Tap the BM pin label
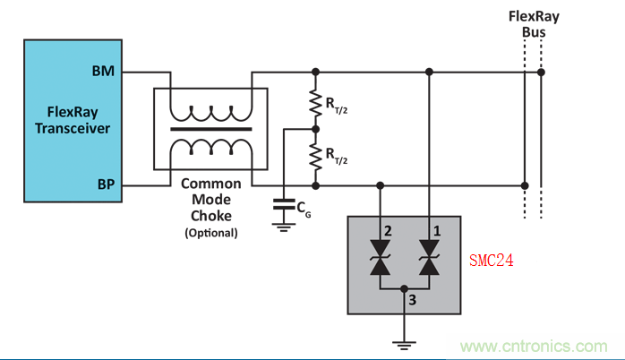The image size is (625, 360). click(103, 71)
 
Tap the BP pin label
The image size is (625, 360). click(105, 185)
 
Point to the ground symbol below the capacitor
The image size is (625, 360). click(285, 227)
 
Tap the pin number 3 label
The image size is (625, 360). click(411, 300)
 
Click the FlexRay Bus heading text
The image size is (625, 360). click(533, 24)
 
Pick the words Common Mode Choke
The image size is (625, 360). click(211, 200)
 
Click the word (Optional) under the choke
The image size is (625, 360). click(211, 233)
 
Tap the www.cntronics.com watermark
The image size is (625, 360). click(535, 346)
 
